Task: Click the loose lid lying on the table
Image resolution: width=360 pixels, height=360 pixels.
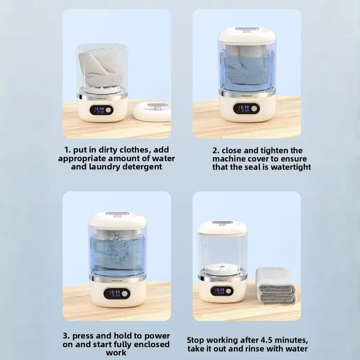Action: point(152,112)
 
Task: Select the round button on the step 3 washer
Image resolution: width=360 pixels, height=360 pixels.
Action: point(125,294)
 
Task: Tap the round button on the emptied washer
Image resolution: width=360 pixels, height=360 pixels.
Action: point(228,291)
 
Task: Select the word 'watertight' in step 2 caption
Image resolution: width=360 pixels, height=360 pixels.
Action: point(291,167)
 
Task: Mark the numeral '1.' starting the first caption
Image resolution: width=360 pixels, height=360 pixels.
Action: point(68,150)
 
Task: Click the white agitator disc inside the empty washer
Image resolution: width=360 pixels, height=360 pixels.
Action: point(222,268)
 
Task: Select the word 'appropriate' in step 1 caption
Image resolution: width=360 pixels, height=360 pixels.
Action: point(82,159)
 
